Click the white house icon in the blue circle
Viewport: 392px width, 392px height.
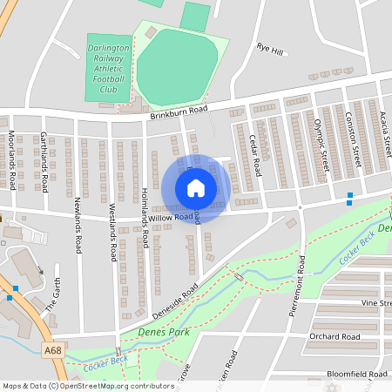point(196,188)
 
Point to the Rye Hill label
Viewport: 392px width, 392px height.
point(270,49)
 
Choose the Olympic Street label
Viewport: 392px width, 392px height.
point(320,139)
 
